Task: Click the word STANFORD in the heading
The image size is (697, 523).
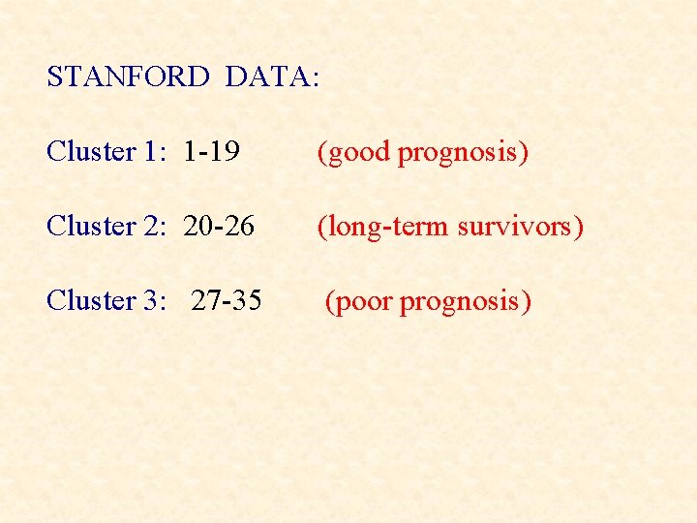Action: (128, 77)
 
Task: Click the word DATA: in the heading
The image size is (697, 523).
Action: (272, 77)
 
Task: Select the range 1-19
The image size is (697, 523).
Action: (211, 152)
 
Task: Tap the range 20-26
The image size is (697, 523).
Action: (219, 226)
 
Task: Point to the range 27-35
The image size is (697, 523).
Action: (227, 300)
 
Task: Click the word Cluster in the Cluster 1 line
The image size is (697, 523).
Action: (92, 152)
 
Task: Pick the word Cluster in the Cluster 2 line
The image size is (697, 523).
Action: (92, 226)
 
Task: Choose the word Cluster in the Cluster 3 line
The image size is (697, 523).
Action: (92, 300)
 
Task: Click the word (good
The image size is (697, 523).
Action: (354, 152)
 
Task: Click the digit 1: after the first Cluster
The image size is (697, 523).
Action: (156, 152)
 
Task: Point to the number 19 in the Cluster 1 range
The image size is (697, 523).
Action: (226, 152)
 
